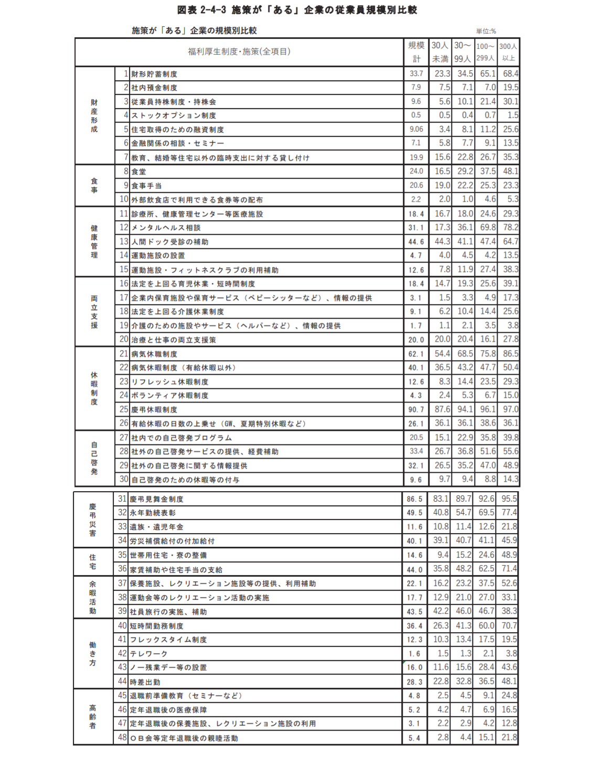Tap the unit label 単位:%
click(x=486, y=31)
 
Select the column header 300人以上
click(x=508, y=52)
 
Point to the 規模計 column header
click(x=416, y=52)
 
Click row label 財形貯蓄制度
click(x=154, y=74)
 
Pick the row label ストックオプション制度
click(x=174, y=115)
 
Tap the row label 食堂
click(x=139, y=171)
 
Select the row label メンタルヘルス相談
click(x=166, y=227)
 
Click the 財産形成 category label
click(x=94, y=115)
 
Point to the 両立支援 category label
click(x=94, y=312)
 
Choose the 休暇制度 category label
click(x=94, y=388)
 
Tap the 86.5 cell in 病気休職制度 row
click(x=510, y=354)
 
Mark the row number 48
click(x=122, y=738)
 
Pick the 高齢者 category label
click(x=93, y=717)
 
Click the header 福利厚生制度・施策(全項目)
click(x=239, y=51)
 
